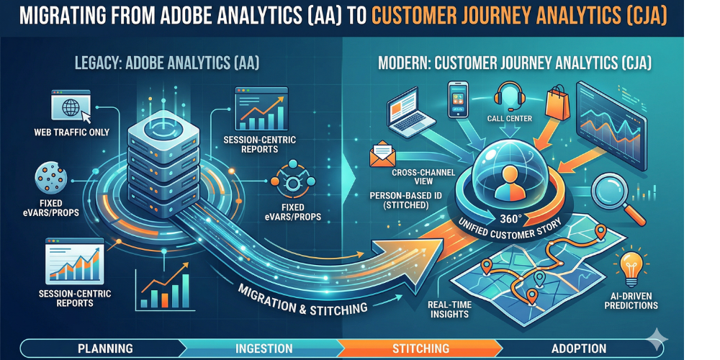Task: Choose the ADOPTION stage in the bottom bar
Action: point(579,348)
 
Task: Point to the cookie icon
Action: point(51,178)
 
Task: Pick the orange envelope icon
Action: point(382,155)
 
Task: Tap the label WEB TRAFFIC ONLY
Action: point(71,132)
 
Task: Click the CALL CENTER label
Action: point(509,119)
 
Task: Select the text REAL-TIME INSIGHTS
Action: point(448,310)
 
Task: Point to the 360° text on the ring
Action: point(509,216)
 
